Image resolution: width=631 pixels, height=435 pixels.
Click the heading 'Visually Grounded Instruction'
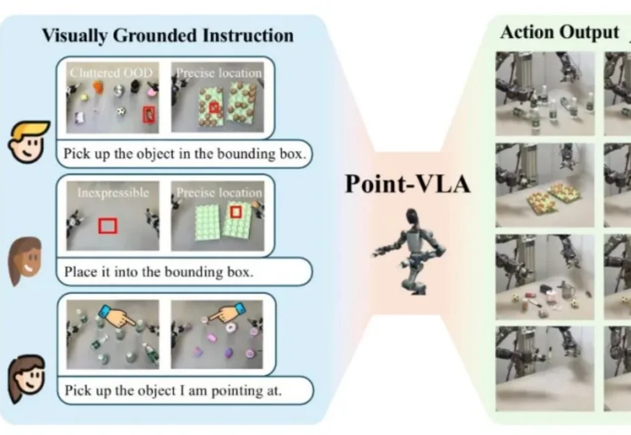tap(168, 35)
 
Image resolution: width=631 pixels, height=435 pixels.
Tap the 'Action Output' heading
tap(559, 33)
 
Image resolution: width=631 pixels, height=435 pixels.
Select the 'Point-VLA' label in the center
tap(407, 184)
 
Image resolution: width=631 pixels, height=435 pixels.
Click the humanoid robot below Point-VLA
tap(408, 248)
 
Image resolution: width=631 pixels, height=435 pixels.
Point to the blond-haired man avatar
tap(29, 142)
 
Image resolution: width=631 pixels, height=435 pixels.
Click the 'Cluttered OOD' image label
tap(111, 74)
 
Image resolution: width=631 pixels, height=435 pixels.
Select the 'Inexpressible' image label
tap(113, 192)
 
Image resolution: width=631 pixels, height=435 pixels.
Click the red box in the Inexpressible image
tap(108, 225)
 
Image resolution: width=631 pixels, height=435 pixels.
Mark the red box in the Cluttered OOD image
tap(150, 115)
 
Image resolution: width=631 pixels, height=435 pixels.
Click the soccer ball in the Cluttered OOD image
tap(121, 112)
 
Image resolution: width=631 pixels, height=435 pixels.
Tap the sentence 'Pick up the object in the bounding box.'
tap(185, 154)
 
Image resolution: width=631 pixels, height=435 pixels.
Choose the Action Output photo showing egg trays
tap(545, 185)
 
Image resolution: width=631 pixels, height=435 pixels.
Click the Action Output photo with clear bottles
tap(545, 94)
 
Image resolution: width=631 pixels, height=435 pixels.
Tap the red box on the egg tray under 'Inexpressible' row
tap(235, 212)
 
